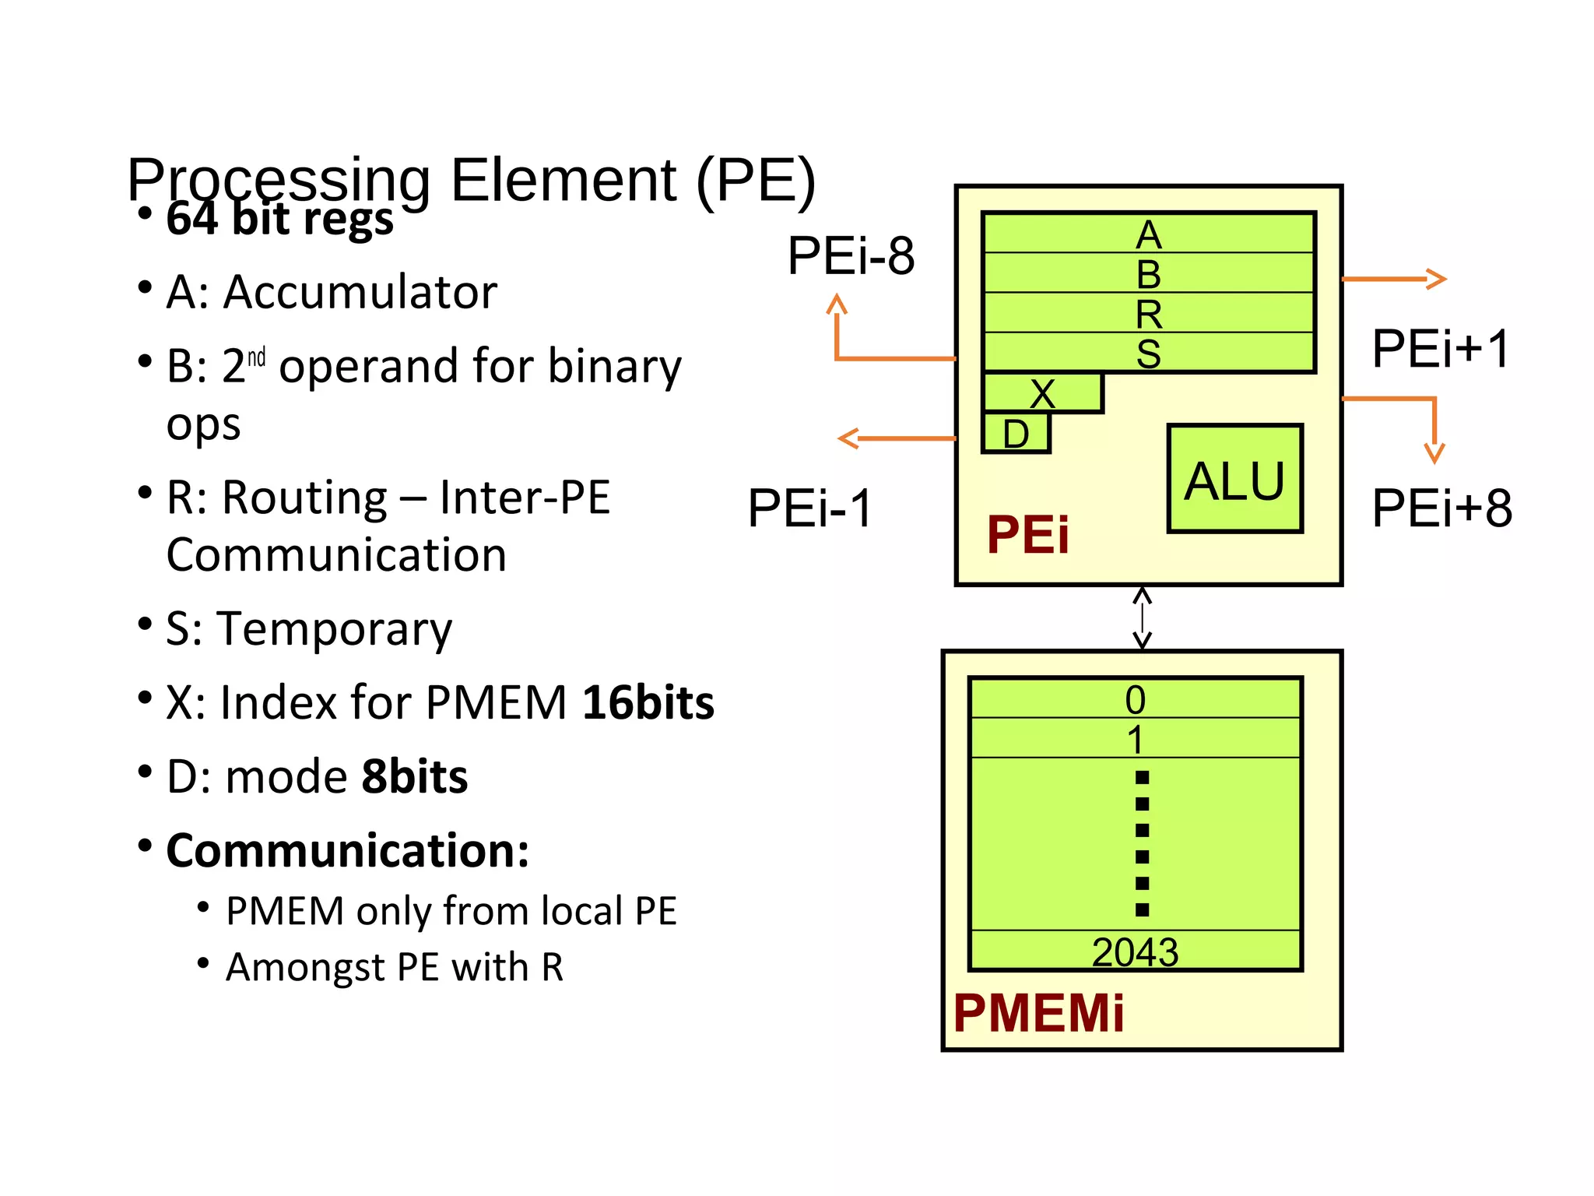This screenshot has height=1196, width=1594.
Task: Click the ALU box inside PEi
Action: coord(1234,479)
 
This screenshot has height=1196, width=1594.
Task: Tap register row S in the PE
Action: coord(1149,353)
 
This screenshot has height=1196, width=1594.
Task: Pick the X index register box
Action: coord(1042,393)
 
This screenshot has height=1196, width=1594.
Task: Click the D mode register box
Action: coord(1016,434)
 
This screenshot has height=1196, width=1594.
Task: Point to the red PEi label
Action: coord(1027,535)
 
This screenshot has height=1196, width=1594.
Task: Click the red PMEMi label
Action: coord(1038,1013)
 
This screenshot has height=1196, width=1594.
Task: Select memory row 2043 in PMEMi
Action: coord(1135,951)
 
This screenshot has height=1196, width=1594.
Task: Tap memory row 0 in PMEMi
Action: coord(1135,698)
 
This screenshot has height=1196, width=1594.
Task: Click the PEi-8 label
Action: coord(851,255)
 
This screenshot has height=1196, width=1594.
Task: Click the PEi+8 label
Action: coord(1441,508)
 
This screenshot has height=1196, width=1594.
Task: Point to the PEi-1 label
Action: coord(809,508)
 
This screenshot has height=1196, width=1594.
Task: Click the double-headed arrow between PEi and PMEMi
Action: coord(1142,618)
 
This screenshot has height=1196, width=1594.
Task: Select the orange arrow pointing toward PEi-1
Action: coord(895,438)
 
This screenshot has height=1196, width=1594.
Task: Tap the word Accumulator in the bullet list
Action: coord(360,292)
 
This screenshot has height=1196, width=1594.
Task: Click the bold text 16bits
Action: coord(648,702)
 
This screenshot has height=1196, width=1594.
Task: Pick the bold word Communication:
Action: coord(347,850)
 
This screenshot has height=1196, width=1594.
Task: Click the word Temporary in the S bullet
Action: coord(335,628)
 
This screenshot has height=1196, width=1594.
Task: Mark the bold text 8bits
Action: coord(415,776)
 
